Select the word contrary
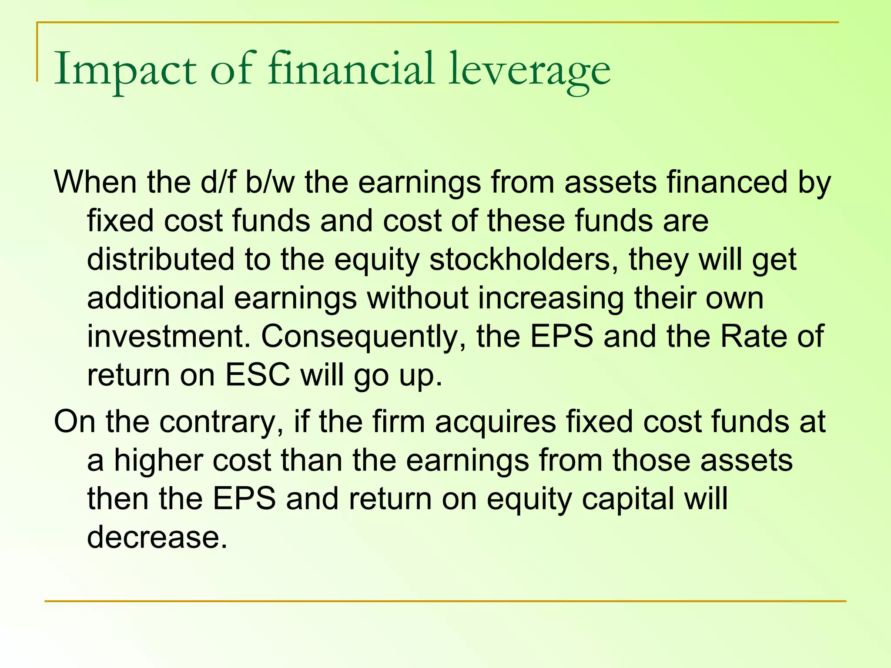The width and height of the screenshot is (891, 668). click(x=221, y=421)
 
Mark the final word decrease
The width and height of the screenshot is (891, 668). click(x=157, y=537)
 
